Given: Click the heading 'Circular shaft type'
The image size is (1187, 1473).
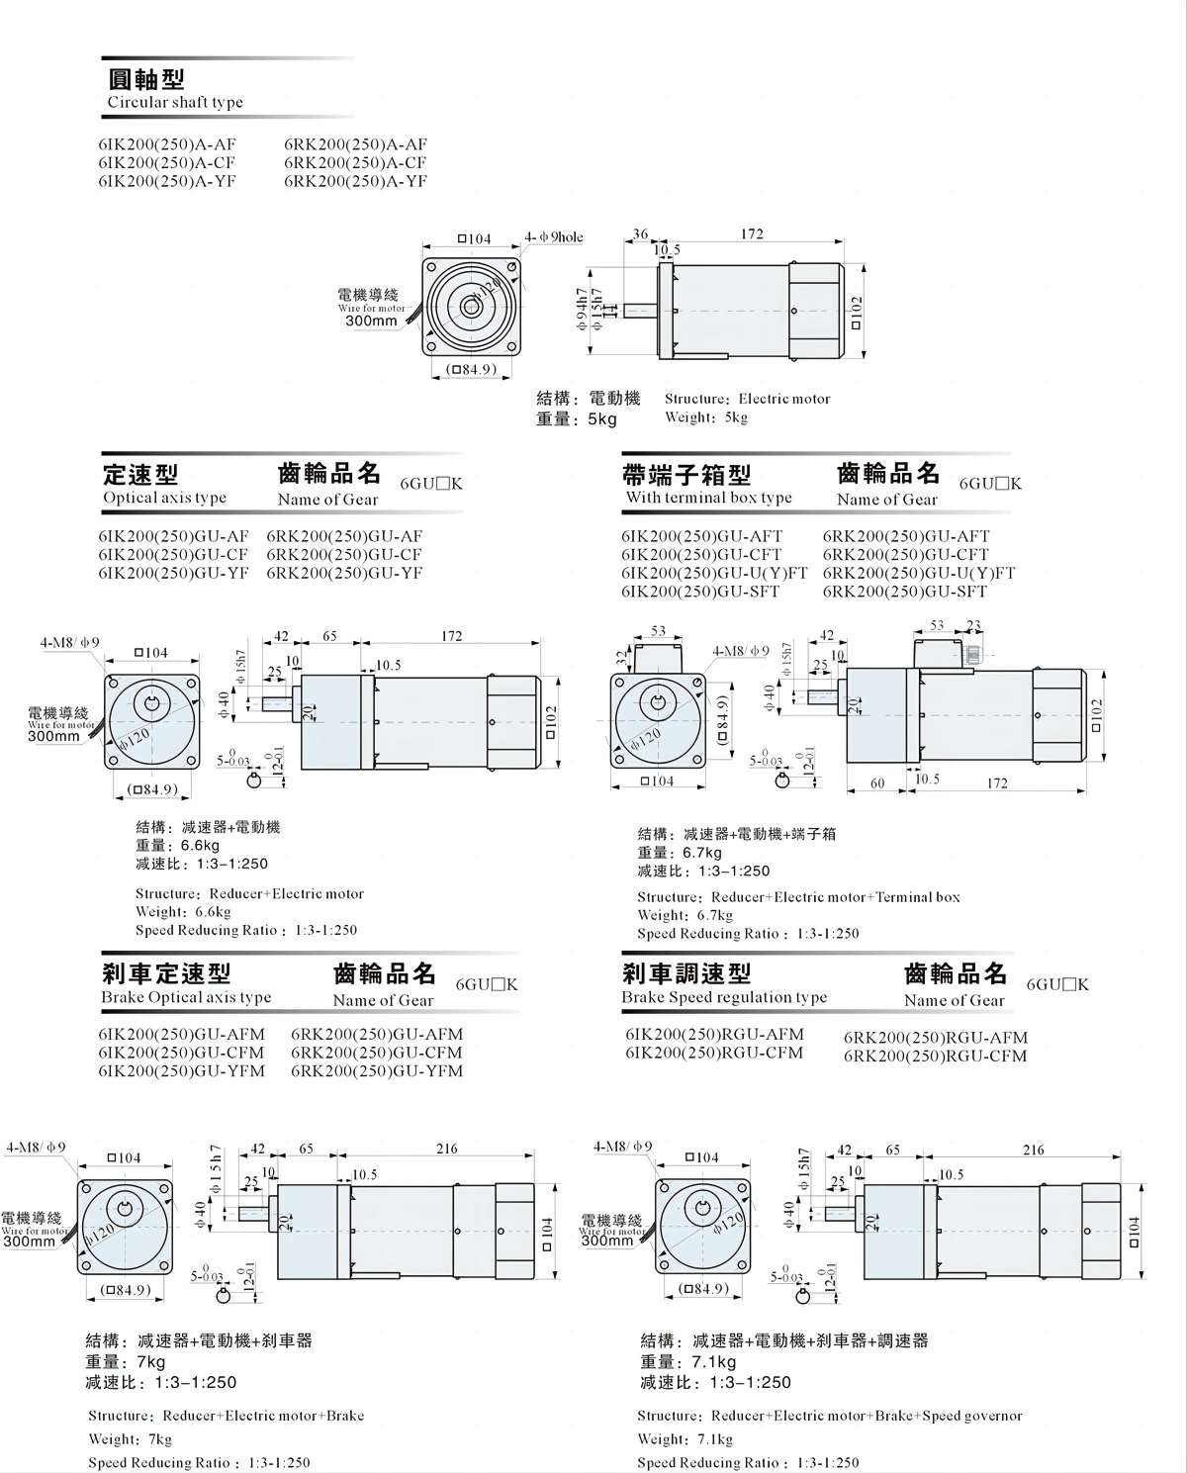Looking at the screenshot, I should coord(175,102).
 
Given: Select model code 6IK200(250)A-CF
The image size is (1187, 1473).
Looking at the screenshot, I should coord(167,162).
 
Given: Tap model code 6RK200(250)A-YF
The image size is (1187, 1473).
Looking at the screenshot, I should coord(355,181).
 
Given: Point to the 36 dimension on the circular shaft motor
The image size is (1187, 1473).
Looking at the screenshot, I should coord(640,234).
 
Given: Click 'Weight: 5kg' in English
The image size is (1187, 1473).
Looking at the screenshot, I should coord(706,417).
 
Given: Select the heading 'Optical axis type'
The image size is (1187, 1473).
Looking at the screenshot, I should coord(164,498).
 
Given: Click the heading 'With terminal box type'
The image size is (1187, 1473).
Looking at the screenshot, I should coord(708,498).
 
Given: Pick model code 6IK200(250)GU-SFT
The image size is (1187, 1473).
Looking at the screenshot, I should coord(700,592).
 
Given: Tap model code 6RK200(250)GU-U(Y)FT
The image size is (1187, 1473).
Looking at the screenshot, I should coord(919,573).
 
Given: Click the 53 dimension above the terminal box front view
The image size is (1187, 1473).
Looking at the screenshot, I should coord(658,630).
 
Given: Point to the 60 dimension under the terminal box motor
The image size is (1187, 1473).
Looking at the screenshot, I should coord(877,783).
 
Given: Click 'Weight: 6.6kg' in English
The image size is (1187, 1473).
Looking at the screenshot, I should coord(183,912).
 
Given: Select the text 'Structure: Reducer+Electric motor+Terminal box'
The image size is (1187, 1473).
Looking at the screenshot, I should coord(798,897).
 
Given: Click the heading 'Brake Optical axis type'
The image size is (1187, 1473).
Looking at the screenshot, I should coord(186,997).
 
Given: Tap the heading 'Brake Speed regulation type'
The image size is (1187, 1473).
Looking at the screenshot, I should coord(724,997).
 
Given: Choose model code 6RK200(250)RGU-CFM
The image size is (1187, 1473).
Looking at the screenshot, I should coord(935,1056).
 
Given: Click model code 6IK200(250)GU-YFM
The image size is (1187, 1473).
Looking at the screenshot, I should coord(182,1070).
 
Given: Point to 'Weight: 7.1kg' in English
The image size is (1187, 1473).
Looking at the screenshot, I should coord(685,1439).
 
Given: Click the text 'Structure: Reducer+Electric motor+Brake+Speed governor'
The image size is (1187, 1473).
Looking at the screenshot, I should coord(830,1416).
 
